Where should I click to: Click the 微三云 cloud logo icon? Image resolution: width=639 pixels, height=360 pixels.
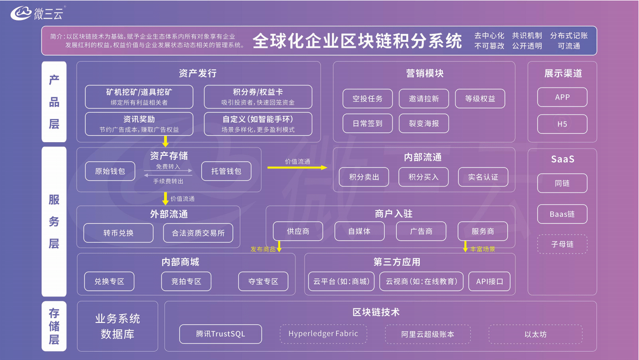click(x=21, y=13)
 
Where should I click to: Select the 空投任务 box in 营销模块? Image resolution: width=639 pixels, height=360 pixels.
click(x=368, y=99)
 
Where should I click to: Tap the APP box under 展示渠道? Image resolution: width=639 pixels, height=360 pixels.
click(x=562, y=97)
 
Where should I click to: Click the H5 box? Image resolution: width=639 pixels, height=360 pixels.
click(x=562, y=124)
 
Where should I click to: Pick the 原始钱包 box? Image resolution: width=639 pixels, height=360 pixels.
click(x=110, y=171)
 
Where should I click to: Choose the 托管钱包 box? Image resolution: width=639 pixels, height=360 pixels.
click(x=226, y=171)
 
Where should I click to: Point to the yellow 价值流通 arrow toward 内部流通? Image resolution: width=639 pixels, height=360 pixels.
click(x=297, y=168)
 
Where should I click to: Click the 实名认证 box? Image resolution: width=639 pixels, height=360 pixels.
click(x=483, y=177)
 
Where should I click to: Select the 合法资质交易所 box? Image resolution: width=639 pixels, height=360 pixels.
click(x=198, y=233)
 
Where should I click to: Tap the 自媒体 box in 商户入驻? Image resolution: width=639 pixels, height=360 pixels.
click(x=359, y=231)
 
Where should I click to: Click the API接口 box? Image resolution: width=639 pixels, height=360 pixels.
click(x=490, y=281)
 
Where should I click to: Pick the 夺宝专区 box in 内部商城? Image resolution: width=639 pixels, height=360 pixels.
click(x=263, y=281)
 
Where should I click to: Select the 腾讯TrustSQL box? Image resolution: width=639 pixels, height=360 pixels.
click(x=221, y=334)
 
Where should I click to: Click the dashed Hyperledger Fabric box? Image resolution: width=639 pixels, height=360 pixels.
click(x=323, y=334)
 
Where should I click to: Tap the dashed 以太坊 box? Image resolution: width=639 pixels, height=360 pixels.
click(x=535, y=335)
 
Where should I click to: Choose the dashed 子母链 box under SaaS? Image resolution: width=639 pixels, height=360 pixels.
click(x=562, y=244)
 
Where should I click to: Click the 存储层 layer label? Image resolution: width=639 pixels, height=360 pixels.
click(x=54, y=326)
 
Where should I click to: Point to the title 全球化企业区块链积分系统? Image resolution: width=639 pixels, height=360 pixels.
click(x=357, y=41)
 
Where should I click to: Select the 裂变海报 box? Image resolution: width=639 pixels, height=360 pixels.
click(x=424, y=124)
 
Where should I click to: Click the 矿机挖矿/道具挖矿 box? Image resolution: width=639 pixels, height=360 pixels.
click(x=139, y=97)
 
